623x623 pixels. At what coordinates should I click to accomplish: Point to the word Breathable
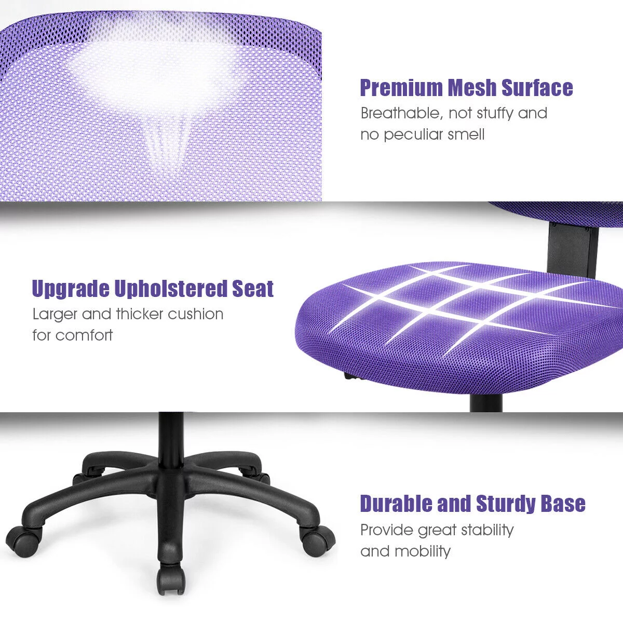tap(400, 113)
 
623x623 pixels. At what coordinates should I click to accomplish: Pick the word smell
tap(468, 135)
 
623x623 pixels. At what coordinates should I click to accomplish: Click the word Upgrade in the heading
tap(70, 289)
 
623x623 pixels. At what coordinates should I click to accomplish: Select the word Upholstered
tap(170, 289)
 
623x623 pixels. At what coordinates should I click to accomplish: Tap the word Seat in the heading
tap(252, 289)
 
